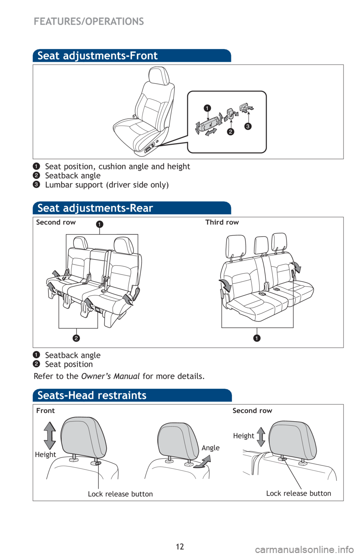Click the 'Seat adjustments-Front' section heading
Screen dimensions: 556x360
pos(97,56)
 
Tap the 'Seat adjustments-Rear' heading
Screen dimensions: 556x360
pos(95,208)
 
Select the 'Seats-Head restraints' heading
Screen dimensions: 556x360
pos(92,395)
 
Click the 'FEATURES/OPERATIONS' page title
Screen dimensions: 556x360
pos(89,22)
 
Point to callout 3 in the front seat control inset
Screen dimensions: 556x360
pos(248,127)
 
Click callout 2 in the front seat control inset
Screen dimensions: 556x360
pos(231,132)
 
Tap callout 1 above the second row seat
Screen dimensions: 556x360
pos(99,224)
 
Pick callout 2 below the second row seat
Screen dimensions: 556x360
pos(76,338)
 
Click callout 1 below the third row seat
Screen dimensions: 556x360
pos(256,338)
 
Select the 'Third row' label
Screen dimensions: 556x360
pos(222,222)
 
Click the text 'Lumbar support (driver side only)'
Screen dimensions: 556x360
pos(107,185)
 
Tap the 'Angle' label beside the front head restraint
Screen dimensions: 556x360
pos(210,448)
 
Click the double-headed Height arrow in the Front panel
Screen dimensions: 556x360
pos(50,435)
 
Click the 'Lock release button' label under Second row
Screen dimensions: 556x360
pos(298,493)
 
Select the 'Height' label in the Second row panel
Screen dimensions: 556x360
pos(244,436)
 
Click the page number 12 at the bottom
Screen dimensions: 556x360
pos(180,546)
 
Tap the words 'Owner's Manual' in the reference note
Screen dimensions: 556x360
pos(111,376)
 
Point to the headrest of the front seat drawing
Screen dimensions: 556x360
pos(159,75)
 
